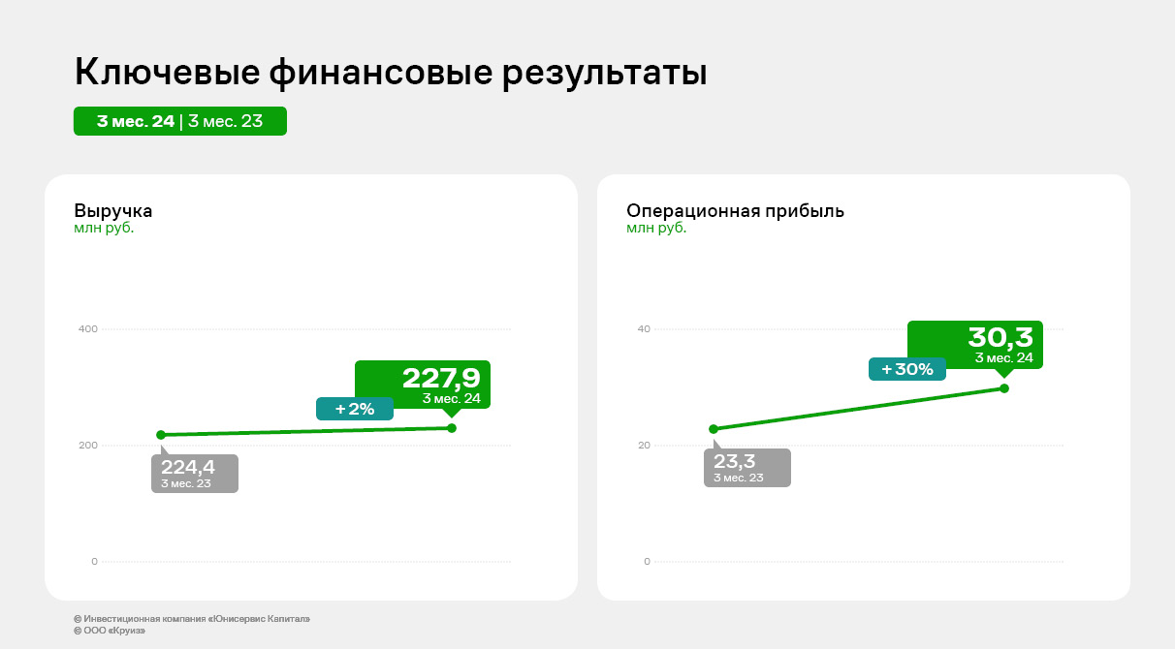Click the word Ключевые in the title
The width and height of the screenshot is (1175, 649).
pos(168,72)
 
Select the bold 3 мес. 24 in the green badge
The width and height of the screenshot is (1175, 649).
pos(136,121)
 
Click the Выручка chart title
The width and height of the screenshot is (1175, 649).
pos(112,211)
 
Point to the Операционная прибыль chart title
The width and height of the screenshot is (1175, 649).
pos(735,211)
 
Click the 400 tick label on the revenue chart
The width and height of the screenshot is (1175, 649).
pos(88,329)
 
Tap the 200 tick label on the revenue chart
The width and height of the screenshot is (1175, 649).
pos(88,446)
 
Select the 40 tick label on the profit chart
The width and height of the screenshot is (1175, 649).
pos(644,329)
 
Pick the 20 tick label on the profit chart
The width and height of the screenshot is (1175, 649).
pos(644,446)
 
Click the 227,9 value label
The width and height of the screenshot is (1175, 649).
pos(441,379)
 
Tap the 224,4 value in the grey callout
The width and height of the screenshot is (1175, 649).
pos(188,467)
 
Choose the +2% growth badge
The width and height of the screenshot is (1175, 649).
pos(355,409)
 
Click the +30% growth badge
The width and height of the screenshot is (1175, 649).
pos(907,369)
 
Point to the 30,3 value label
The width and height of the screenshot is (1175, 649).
pos(1000,338)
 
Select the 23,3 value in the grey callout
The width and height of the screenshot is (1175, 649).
pos(735,461)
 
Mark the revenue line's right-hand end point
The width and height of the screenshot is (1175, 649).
pos(452,428)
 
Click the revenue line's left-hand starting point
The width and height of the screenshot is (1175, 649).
pos(161,435)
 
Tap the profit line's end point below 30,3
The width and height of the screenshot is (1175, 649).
pos(1004,388)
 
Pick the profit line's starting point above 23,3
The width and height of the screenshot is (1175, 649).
pos(714,429)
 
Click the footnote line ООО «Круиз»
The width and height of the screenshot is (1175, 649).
pos(110,631)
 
